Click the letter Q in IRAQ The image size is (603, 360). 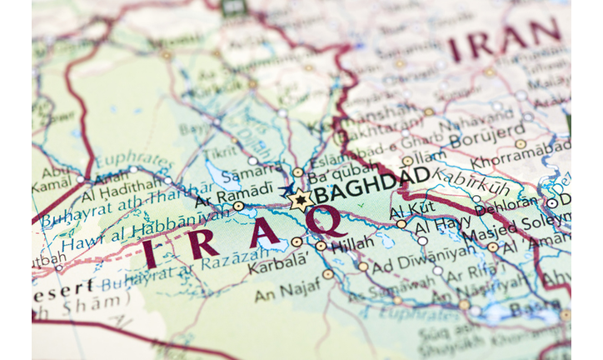(328, 222)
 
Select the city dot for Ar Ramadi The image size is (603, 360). (239, 206)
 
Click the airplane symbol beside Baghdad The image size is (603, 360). (287, 191)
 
